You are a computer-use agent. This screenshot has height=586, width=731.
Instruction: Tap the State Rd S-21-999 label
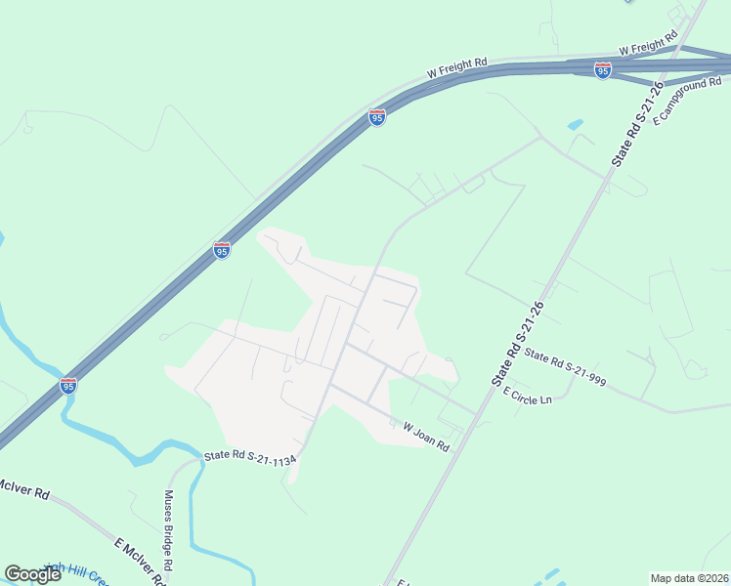[x=565, y=369]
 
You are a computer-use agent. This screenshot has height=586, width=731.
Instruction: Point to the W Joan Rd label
[x=426, y=436]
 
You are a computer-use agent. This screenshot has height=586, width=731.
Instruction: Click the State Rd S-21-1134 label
[x=249, y=456]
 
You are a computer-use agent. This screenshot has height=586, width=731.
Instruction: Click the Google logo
[x=32, y=574]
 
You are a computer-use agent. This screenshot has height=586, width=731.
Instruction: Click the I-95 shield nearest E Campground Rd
[x=603, y=70]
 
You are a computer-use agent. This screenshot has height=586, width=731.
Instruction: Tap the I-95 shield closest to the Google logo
[x=68, y=386]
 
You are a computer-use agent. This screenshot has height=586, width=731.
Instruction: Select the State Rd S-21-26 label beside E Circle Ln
[x=517, y=342]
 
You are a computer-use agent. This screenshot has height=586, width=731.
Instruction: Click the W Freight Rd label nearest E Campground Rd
[x=648, y=44]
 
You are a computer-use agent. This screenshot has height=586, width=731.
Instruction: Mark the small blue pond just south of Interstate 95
[x=575, y=126]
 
